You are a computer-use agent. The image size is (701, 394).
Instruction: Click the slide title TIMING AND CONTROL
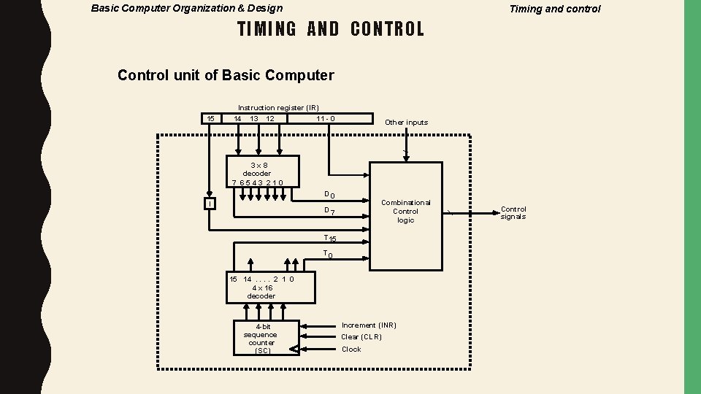coord(331,29)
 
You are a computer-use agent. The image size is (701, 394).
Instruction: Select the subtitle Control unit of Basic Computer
coord(226,75)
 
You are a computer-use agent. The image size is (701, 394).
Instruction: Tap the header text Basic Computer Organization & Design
coord(186,9)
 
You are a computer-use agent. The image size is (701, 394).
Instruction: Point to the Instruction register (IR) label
coord(278,107)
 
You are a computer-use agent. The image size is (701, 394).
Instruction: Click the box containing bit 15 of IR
coord(210,119)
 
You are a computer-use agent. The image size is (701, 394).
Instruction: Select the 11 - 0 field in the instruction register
coord(326,119)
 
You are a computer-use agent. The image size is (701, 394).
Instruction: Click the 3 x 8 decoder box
coord(262,171)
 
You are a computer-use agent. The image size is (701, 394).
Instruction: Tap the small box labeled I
coord(210,204)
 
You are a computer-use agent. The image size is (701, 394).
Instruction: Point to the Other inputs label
coord(406,123)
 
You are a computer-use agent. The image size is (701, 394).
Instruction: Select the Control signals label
coord(513,212)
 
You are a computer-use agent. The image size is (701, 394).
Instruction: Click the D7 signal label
coord(329,212)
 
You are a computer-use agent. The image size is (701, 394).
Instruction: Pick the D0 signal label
coord(329,194)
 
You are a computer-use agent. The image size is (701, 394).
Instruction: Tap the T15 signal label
coord(330,238)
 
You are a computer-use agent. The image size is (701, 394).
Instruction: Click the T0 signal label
coord(329,255)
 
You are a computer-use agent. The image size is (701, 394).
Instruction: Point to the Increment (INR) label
coord(369,325)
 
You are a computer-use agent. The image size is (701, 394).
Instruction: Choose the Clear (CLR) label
coord(361,337)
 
